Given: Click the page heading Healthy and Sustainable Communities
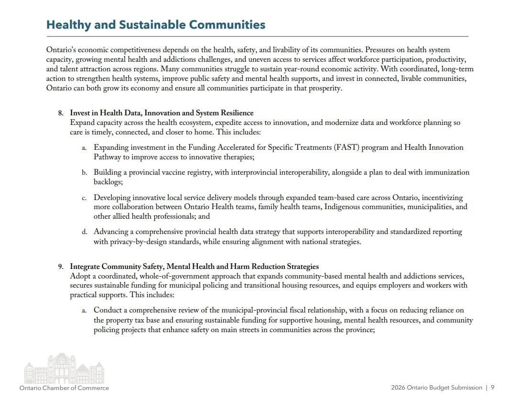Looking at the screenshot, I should pyautogui.click(x=156, y=25).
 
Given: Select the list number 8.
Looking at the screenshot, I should pyautogui.click(x=61, y=113).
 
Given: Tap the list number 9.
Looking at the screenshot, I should pyautogui.click(x=61, y=267).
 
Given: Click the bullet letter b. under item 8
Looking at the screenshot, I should pyautogui.click(x=84, y=172).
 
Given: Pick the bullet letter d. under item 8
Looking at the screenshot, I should pyautogui.click(x=84, y=232).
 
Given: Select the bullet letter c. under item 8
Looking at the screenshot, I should pyautogui.click(x=84, y=198).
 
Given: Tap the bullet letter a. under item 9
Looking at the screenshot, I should pyautogui.click(x=84, y=311).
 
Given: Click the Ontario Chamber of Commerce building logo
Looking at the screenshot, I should pyautogui.click(x=64, y=368).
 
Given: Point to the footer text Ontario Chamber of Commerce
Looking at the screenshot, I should pyautogui.click(x=64, y=388).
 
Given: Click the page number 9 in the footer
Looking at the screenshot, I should pyautogui.click(x=493, y=388).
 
